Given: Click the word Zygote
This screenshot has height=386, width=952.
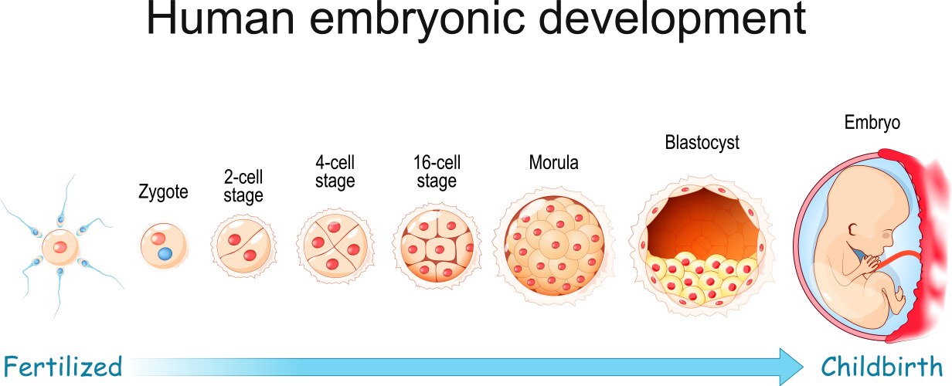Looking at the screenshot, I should coord(163,192).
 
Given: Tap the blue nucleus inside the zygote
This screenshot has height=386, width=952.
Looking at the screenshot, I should coord(165,253).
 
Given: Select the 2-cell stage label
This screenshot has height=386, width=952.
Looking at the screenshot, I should coord(243,187).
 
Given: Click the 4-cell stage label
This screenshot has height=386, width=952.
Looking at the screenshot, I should coord(335,172).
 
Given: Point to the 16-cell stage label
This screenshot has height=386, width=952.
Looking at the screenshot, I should coord(437,172).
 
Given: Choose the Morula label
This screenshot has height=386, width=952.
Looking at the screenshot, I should coord(553,163).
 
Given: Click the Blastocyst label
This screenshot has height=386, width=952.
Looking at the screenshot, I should coord(702,143).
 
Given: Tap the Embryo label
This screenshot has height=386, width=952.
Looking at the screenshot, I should coord(872,122).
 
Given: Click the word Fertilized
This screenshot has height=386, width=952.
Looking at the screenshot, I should coord(62,364).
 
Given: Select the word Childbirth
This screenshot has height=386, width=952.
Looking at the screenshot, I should coord(882,364).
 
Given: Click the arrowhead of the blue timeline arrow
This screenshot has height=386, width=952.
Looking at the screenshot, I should coord(790,364).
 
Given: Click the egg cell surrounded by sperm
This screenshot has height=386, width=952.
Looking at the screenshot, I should coord(59,248).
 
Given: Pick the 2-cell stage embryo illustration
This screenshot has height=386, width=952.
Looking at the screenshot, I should coord(243,247).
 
